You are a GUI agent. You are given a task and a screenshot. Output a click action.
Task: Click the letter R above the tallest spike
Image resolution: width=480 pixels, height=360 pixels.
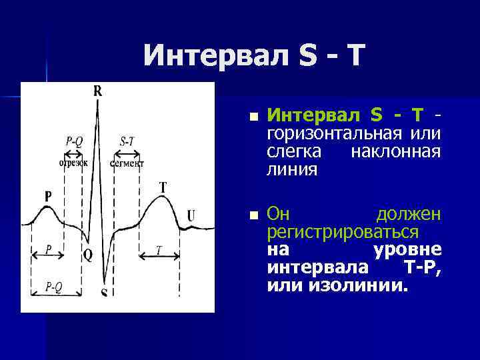(98, 91)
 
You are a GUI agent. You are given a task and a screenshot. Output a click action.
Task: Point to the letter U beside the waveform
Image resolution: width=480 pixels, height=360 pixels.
(191, 215)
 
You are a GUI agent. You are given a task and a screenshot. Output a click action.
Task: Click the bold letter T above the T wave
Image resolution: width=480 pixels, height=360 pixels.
(163, 187)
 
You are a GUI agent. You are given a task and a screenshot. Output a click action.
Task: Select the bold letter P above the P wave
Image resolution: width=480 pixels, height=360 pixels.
(48, 196)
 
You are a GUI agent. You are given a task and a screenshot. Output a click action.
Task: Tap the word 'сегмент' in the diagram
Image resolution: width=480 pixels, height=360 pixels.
(127, 163)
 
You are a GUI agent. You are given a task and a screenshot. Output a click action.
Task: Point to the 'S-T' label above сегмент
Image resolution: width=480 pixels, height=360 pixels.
(127, 141)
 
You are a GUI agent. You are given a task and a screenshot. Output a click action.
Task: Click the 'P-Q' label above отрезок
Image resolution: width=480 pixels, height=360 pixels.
(74, 141)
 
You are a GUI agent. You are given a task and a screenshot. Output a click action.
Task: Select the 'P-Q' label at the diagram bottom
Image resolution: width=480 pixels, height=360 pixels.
(54, 286)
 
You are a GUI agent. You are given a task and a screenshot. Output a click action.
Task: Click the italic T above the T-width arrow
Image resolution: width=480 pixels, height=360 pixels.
(159, 250)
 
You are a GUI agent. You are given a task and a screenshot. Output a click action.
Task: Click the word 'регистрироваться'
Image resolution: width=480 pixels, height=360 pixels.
(343, 232)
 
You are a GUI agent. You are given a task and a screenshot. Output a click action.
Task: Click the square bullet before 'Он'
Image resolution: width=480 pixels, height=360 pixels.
(252, 215)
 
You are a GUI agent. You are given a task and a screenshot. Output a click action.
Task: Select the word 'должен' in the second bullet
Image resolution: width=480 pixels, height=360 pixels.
(408, 215)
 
